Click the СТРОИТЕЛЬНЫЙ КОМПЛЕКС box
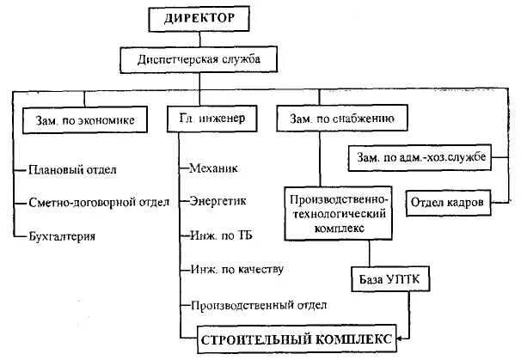coord(297,338)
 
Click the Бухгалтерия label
coord(61,235)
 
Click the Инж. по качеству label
coord(236,270)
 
